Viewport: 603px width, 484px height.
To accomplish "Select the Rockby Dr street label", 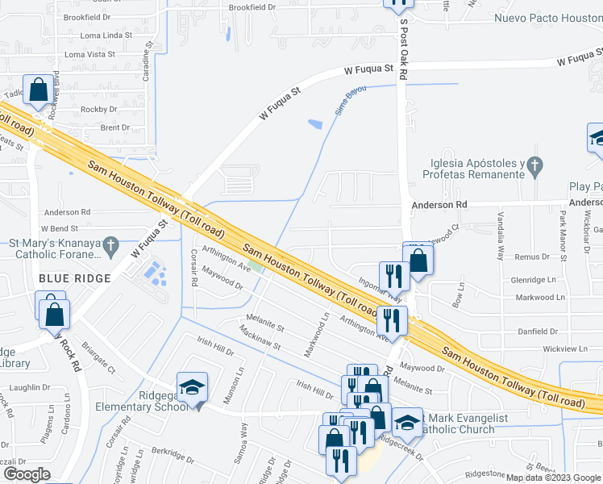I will coord(99,109).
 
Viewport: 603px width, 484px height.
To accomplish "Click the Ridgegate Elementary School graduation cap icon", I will coord(193,386).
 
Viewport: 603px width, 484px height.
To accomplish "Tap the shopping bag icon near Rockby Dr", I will coord(39,90).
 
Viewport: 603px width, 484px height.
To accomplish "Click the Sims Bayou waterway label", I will coord(346,102).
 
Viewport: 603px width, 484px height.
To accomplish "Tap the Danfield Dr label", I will coord(538,332).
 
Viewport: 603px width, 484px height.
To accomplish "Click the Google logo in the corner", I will coord(26,474).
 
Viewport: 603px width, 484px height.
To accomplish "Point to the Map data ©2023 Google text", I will coord(553,478).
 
